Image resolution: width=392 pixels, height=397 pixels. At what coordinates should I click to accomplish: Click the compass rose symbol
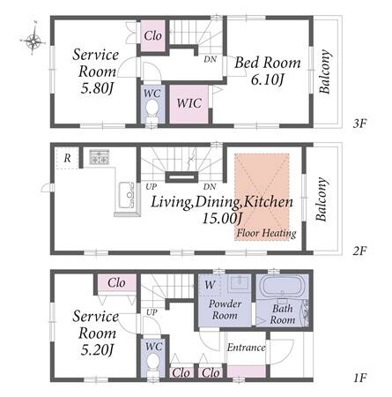point(33,40)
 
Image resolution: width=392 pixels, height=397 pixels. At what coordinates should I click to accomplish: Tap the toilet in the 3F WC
point(152,112)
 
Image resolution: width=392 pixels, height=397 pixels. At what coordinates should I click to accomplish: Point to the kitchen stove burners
point(100,157)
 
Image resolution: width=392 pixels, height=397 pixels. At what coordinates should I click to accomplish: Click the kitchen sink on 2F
point(127,195)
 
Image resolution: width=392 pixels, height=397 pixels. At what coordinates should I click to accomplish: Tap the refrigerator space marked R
point(68,158)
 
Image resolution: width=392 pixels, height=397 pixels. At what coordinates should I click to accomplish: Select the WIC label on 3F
point(189,103)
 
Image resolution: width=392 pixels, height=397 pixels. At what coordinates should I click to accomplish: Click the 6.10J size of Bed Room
point(267,79)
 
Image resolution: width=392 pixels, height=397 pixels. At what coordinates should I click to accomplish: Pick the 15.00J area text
point(223,219)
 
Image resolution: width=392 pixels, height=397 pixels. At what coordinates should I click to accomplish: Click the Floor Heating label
point(266,234)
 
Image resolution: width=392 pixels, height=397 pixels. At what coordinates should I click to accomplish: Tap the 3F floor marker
point(359,124)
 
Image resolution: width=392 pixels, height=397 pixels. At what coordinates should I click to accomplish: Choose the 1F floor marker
point(359,378)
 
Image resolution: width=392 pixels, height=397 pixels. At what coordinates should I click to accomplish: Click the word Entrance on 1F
point(246,348)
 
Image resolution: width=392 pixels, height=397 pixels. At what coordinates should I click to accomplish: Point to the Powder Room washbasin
point(239,282)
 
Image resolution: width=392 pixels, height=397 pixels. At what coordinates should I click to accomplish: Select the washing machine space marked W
point(210,284)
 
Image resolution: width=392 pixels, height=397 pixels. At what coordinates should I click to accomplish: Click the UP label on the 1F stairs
point(152,312)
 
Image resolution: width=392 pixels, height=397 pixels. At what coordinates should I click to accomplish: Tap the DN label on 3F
point(211,59)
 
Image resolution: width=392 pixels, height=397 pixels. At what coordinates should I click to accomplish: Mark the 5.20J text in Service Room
point(97,350)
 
